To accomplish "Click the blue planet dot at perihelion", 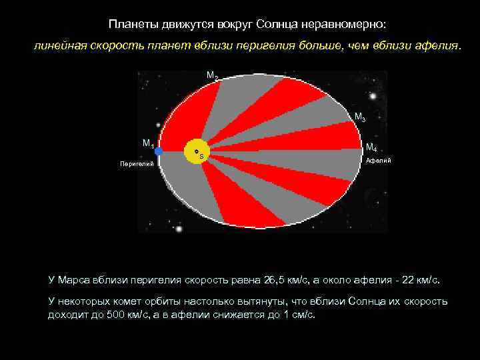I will [x=159, y=151].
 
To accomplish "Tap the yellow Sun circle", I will [x=195, y=151].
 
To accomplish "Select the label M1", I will [x=148, y=143].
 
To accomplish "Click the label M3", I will [x=359, y=117].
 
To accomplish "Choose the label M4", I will [x=371, y=148].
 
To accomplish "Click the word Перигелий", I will [x=136, y=163].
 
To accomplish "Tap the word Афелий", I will [x=379, y=161].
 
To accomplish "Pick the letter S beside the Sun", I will [x=201, y=156].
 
